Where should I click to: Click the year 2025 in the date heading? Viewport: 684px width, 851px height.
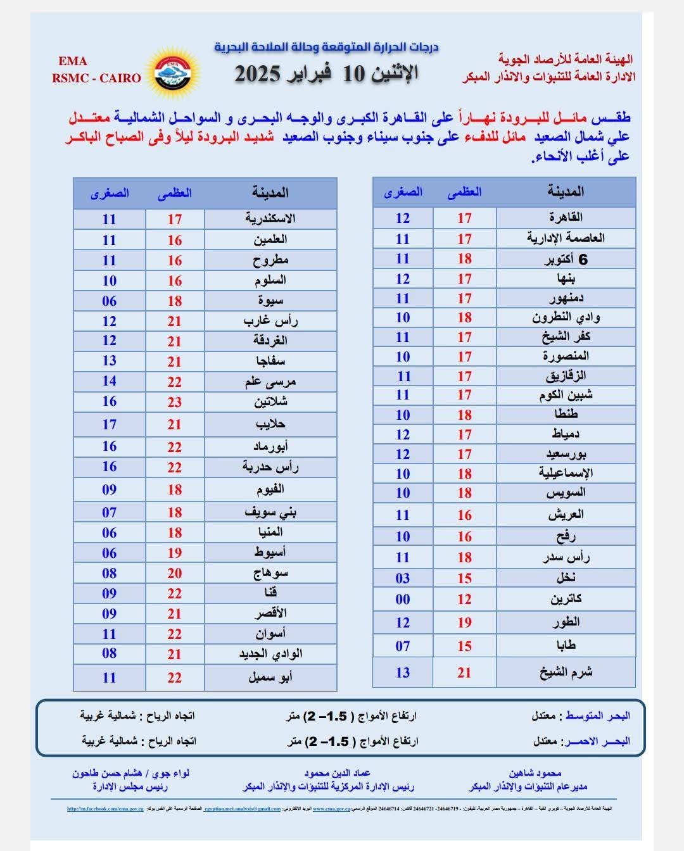(258, 73)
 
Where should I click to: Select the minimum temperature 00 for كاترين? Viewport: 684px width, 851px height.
(403, 599)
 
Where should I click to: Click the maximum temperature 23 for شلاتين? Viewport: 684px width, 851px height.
(175, 402)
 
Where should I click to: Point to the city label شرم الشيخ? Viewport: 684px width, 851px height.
(566, 672)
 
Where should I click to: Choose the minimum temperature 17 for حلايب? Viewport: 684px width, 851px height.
(110, 424)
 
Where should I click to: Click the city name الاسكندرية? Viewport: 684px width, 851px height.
(270, 219)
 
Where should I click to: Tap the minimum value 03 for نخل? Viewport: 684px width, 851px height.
(403, 578)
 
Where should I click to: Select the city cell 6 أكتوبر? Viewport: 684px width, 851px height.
(566, 259)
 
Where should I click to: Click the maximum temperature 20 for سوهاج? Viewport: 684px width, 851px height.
(175, 574)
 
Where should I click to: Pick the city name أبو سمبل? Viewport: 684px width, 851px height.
(270, 678)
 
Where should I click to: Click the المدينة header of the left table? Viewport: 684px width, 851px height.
(270, 192)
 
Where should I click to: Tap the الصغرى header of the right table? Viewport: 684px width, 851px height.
(403, 192)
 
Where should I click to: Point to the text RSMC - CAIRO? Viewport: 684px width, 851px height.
(96, 79)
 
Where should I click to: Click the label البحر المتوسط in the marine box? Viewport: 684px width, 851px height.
(597, 716)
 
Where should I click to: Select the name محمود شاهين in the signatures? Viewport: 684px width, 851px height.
(535, 773)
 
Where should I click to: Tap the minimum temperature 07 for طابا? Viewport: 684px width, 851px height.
(403, 646)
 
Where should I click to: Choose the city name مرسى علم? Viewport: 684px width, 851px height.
(270, 382)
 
